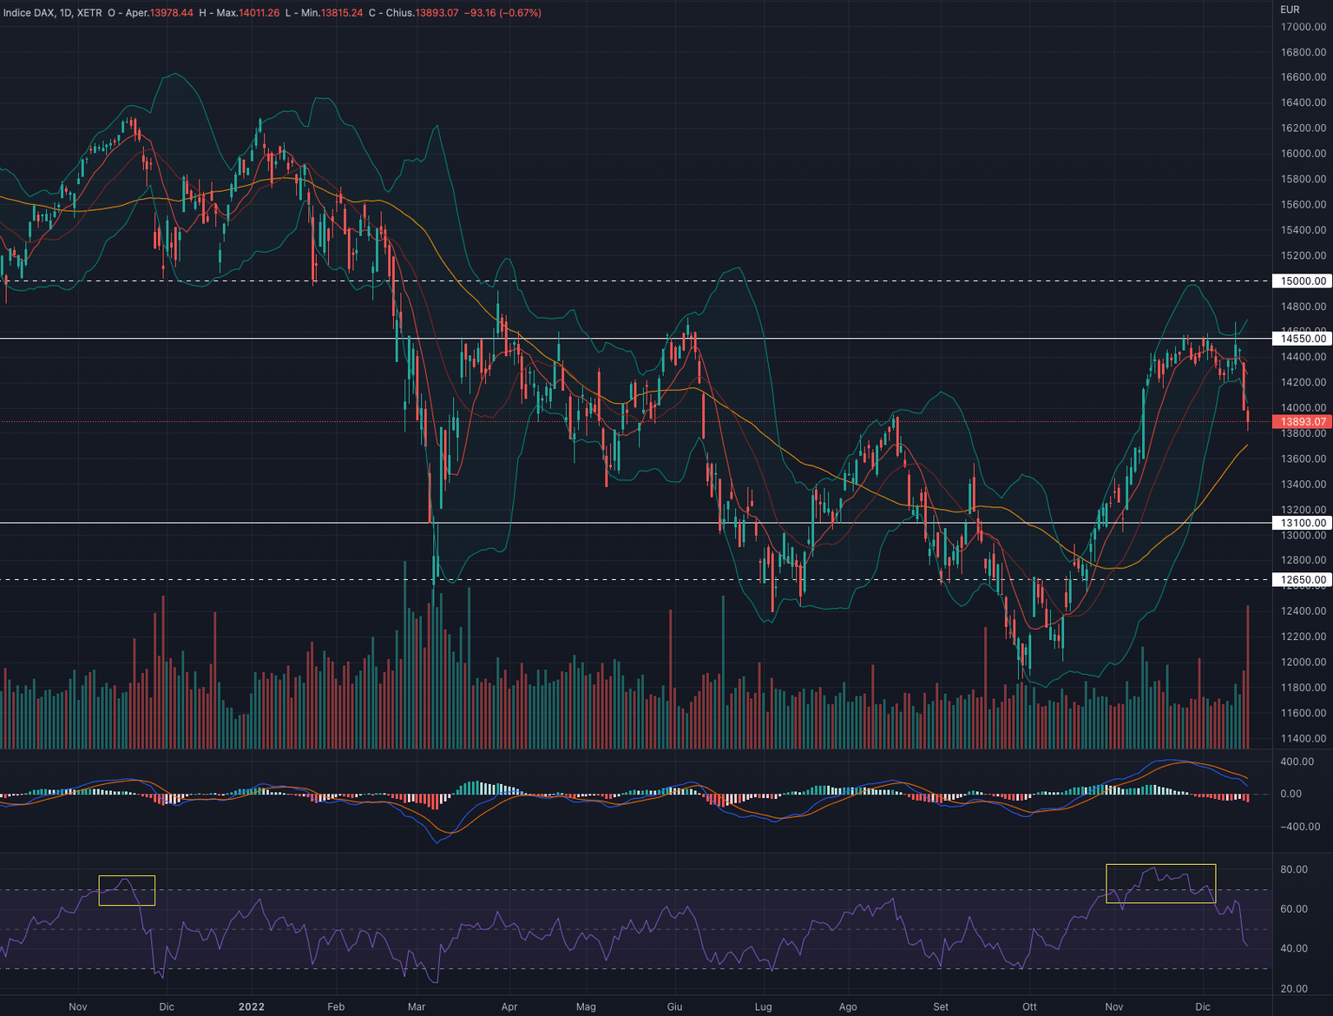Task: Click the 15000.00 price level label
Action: point(1303,281)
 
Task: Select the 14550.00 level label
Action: point(1303,339)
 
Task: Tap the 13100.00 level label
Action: point(1303,523)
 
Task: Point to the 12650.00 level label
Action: point(1303,579)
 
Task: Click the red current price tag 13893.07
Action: point(1303,422)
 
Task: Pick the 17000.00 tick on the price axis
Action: point(1303,27)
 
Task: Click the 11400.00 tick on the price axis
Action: point(1303,738)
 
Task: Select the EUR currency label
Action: point(1290,10)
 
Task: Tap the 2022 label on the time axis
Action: point(251,1006)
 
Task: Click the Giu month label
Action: point(674,1006)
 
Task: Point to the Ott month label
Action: point(1029,1006)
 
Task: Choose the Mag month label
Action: point(586,1006)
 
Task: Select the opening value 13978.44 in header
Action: point(171,13)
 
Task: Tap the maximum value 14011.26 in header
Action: point(257,13)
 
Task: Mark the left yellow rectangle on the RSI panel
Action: point(127,891)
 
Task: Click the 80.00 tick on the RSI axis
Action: point(1293,869)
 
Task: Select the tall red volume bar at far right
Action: point(1248,677)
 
